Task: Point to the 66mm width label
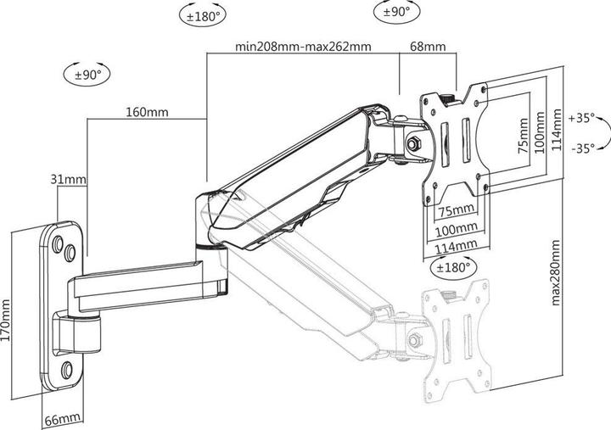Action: [x=64, y=419]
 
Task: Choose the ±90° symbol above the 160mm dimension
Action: [x=87, y=75]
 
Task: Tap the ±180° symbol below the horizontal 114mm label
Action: [x=451, y=266]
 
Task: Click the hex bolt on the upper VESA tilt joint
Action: [x=415, y=143]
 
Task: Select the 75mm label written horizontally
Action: [x=456, y=209]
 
